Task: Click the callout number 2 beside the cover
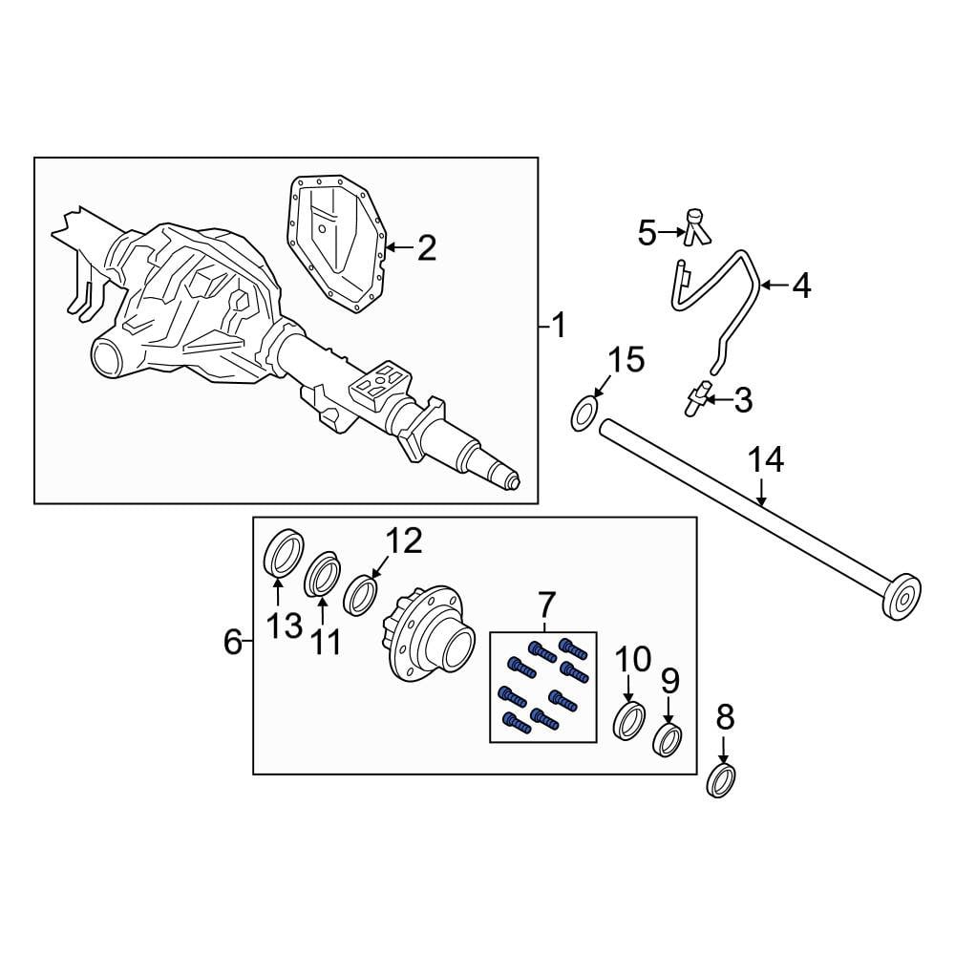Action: (x=426, y=248)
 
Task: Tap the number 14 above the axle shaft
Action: (x=766, y=460)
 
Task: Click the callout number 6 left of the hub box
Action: (x=233, y=642)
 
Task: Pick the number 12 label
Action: (x=404, y=541)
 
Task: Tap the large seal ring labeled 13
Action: (x=284, y=552)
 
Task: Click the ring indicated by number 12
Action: (x=361, y=595)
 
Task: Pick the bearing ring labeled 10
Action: (x=628, y=721)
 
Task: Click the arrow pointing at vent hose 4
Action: (x=775, y=285)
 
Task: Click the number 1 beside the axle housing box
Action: (x=559, y=326)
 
